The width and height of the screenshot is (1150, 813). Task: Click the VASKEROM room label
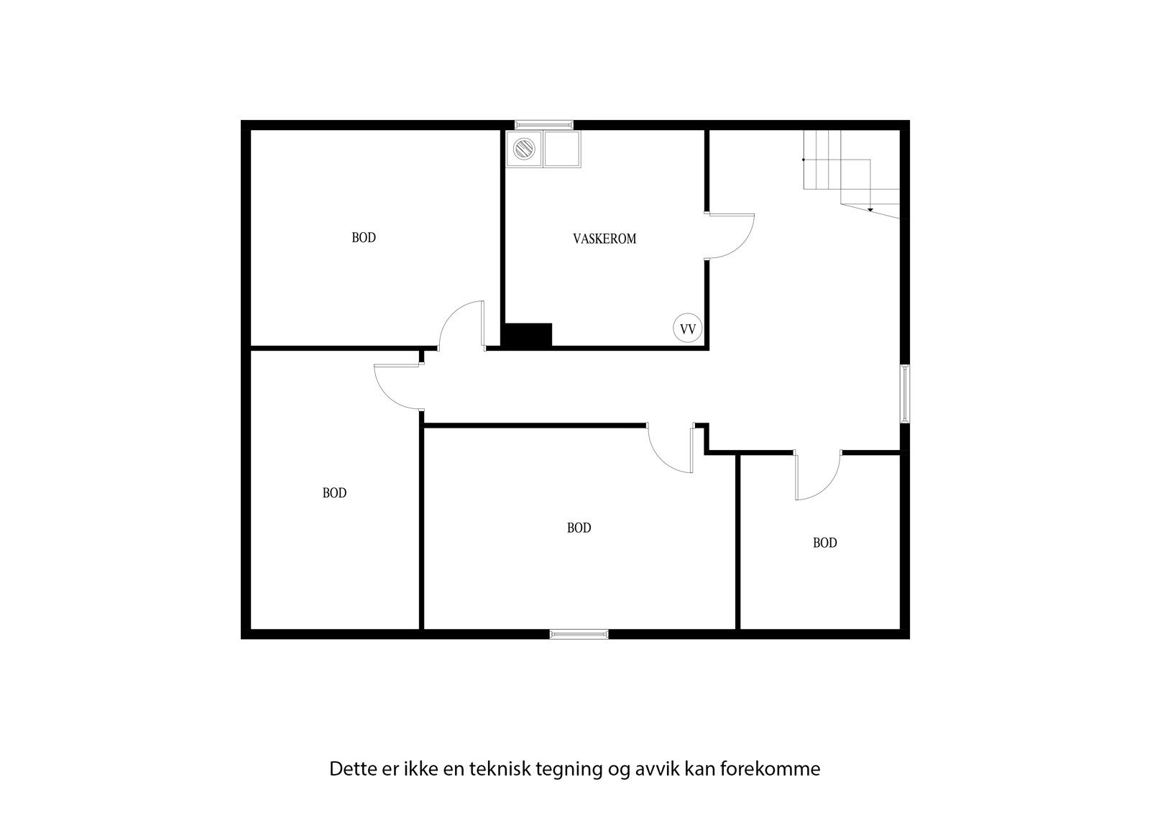tap(604, 239)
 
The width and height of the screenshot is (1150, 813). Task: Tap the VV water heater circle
tap(687, 329)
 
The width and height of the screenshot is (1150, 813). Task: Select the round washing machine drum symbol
tap(524, 149)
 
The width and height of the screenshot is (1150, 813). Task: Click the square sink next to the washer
tap(561, 149)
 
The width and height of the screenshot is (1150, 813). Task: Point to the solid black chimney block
tap(527, 336)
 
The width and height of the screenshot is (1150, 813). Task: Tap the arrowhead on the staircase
tap(870, 209)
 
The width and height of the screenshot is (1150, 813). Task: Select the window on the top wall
tap(544, 124)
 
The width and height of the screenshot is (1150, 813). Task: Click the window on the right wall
tap(905, 393)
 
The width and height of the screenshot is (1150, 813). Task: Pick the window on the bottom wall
tap(579, 634)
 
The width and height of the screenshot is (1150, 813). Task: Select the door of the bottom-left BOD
tap(397, 387)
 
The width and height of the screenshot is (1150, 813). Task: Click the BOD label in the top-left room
tap(364, 238)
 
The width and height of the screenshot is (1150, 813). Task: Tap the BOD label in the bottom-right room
tap(824, 543)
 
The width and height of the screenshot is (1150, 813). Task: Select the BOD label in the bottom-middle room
tap(579, 528)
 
